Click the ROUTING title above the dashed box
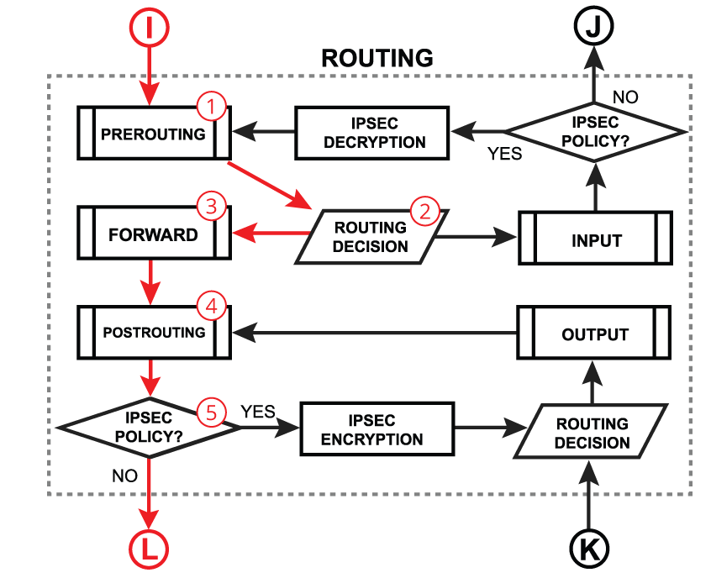(377, 58)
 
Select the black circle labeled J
(594, 27)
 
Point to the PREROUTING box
(153, 134)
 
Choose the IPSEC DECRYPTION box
(374, 134)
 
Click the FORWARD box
(153, 234)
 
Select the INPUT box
(595, 239)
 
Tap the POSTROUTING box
(153, 333)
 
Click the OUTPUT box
(595, 334)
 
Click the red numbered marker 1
(211, 107)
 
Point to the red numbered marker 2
(424, 211)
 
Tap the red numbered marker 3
(211, 206)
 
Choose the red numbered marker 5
(211, 411)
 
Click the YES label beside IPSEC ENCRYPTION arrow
(258, 412)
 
